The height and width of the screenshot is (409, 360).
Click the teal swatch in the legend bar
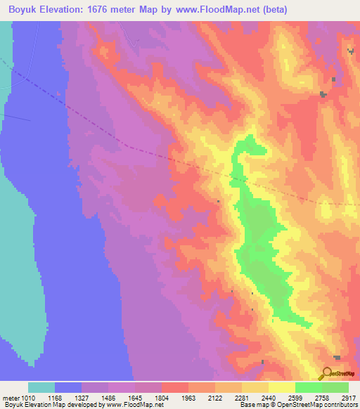click(41, 387)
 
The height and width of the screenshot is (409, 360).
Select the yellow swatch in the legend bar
click(281, 387)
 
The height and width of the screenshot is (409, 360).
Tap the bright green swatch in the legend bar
click(308, 387)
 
